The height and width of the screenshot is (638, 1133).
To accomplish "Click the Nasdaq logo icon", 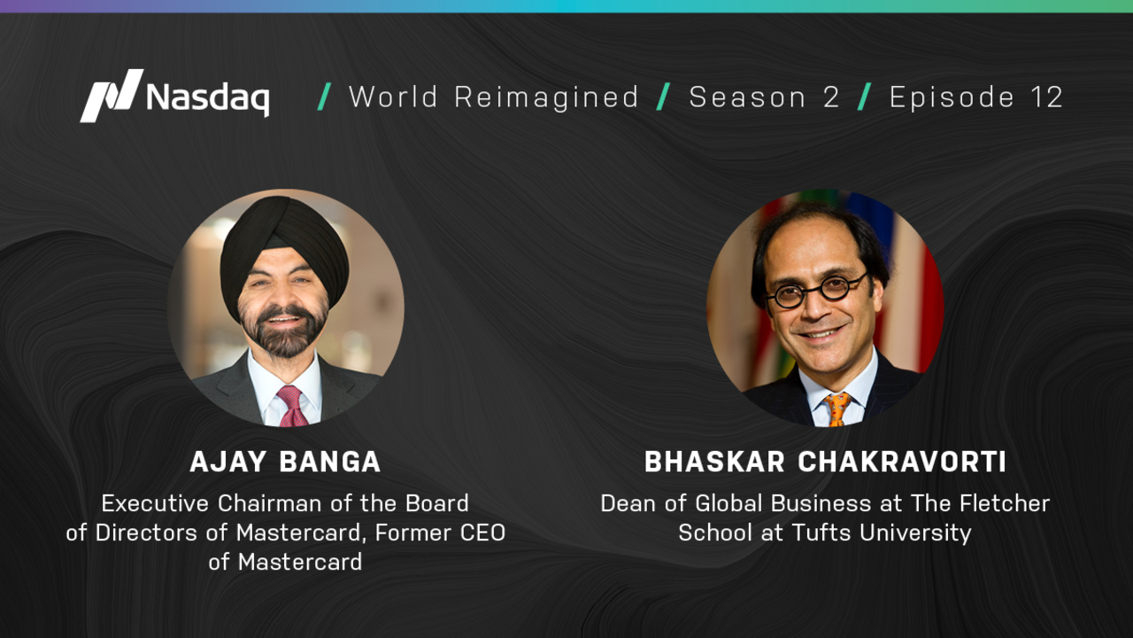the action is click(112, 96).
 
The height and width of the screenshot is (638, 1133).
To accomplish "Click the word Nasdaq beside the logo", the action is click(208, 97).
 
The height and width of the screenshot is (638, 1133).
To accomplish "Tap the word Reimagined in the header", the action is click(546, 97).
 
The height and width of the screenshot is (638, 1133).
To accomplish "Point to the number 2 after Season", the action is click(831, 97).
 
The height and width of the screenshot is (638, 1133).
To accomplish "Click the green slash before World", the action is click(324, 97).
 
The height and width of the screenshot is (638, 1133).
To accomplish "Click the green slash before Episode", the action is click(865, 97).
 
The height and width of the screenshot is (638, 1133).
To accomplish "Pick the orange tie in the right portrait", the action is click(837, 409).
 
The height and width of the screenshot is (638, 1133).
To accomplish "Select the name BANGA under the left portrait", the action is click(330, 462).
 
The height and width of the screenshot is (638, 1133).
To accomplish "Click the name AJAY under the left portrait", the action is click(228, 462).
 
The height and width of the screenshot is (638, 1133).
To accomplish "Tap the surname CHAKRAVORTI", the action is click(902, 462).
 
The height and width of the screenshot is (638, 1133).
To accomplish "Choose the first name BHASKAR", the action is click(714, 462).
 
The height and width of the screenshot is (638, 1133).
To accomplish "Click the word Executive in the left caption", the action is click(155, 503).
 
